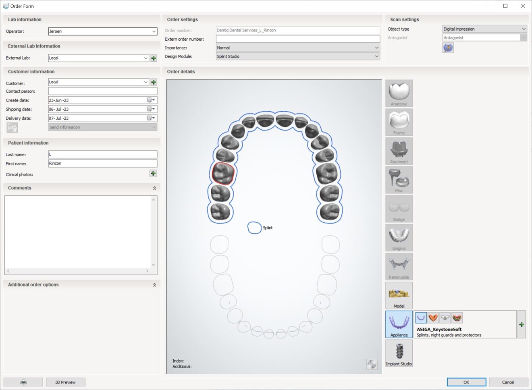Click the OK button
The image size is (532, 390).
click(x=466, y=382)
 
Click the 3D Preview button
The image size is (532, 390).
click(x=65, y=382)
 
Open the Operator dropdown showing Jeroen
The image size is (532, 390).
click(x=154, y=31)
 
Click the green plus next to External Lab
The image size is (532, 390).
click(x=154, y=58)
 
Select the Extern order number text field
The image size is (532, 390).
click(x=297, y=39)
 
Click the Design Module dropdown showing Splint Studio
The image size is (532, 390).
click(x=297, y=56)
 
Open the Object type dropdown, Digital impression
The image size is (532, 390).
click(x=484, y=29)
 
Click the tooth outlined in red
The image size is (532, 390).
click(x=223, y=173)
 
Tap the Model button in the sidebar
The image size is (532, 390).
click(x=399, y=295)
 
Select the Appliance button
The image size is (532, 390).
click(x=399, y=324)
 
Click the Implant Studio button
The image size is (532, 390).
click(x=399, y=353)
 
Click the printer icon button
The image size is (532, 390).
click(x=23, y=382)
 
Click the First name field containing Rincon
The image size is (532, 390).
click(x=102, y=164)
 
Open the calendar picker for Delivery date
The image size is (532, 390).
click(x=151, y=118)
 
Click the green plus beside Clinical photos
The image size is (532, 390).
click(x=153, y=174)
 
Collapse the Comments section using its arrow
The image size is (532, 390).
click(x=154, y=188)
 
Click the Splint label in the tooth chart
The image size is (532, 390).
click(x=268, y=228)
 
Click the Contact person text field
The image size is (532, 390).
click(x=102, y=91)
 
